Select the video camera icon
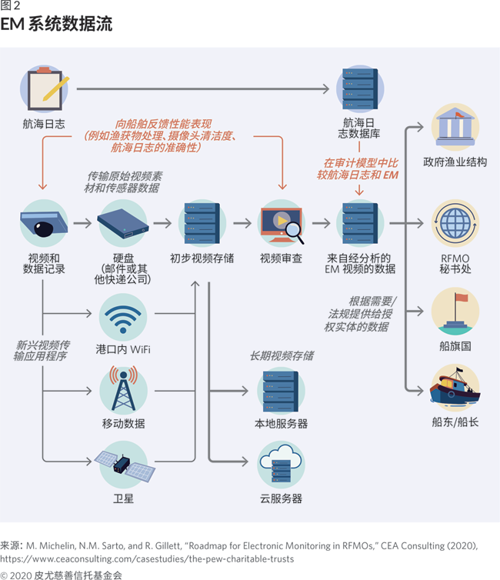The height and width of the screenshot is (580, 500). tap(43, 223)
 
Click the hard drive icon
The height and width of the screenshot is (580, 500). tap(123, 223)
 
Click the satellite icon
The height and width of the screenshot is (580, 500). tap(123, 462)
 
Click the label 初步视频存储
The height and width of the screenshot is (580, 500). tap(202, 258)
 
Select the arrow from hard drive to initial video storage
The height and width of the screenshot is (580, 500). tap(162, 223)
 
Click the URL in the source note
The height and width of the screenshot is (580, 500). tap(147, 558)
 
